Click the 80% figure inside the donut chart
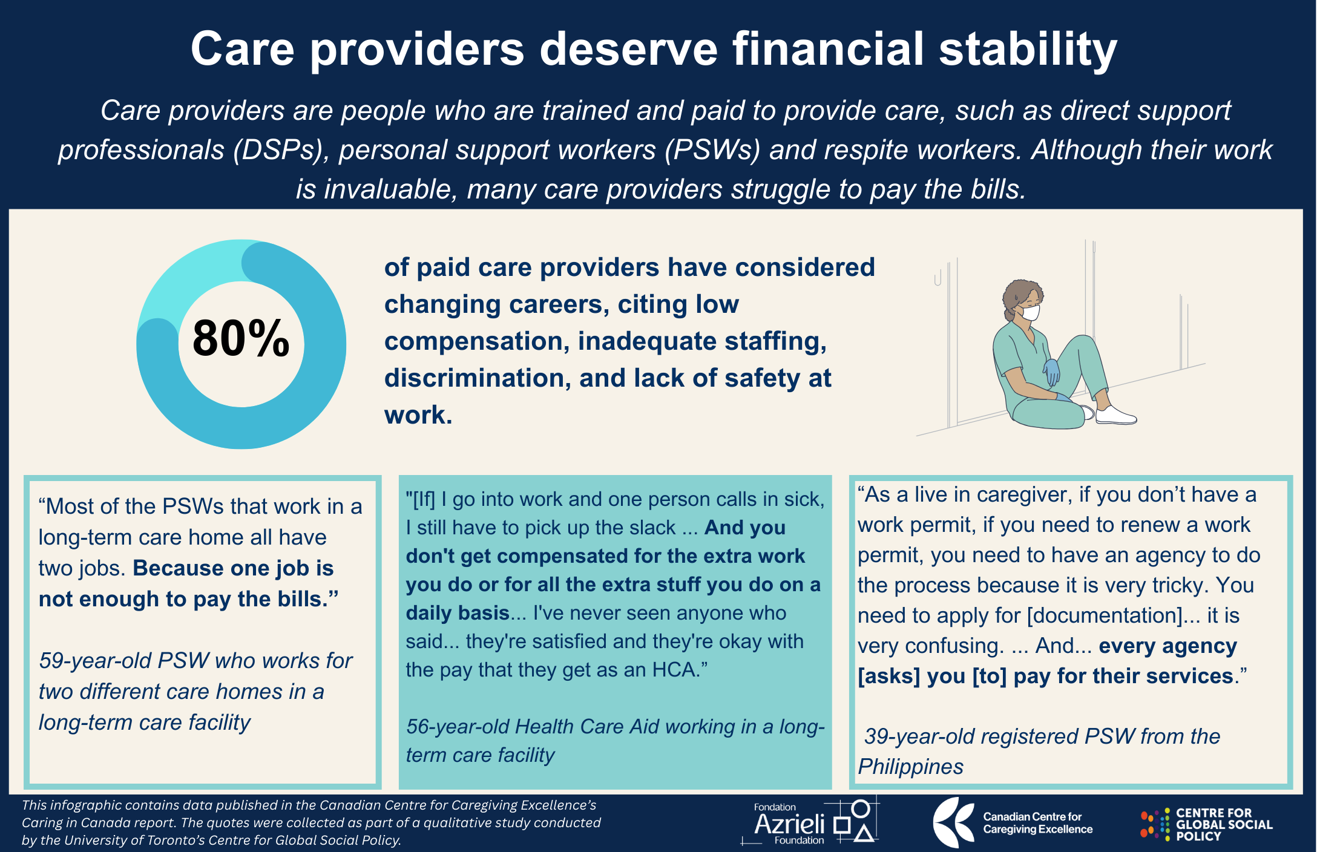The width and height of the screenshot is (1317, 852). click(x=241, y=338)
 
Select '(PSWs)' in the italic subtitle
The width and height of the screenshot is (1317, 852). click(x=712, y=150)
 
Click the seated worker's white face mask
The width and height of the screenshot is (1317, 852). click(x=1030, y=312)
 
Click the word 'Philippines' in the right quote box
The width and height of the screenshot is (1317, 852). click(x=910, y=767)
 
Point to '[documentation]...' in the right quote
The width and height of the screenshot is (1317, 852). click(x=1114, y=616)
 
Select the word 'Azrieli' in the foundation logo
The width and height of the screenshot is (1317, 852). click(x=789, y=824)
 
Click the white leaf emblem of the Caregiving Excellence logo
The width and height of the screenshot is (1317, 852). click(x=953, y=822)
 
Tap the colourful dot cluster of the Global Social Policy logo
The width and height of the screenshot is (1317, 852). click(x=1155, y=824)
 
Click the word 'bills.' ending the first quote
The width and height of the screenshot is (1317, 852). click(x=303, y=599)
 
